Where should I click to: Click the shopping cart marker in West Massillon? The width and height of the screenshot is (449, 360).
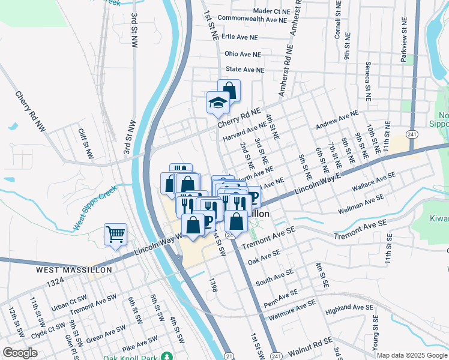coord(115,234)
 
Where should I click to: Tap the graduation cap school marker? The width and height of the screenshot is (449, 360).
coord(217,103)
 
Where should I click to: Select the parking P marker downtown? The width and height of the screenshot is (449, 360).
coord(253,197)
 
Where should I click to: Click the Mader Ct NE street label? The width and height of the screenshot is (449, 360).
coord(271,11)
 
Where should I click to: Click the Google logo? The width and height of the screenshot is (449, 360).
coord(19,353)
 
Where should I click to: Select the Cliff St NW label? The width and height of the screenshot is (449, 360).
coord(85,143)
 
